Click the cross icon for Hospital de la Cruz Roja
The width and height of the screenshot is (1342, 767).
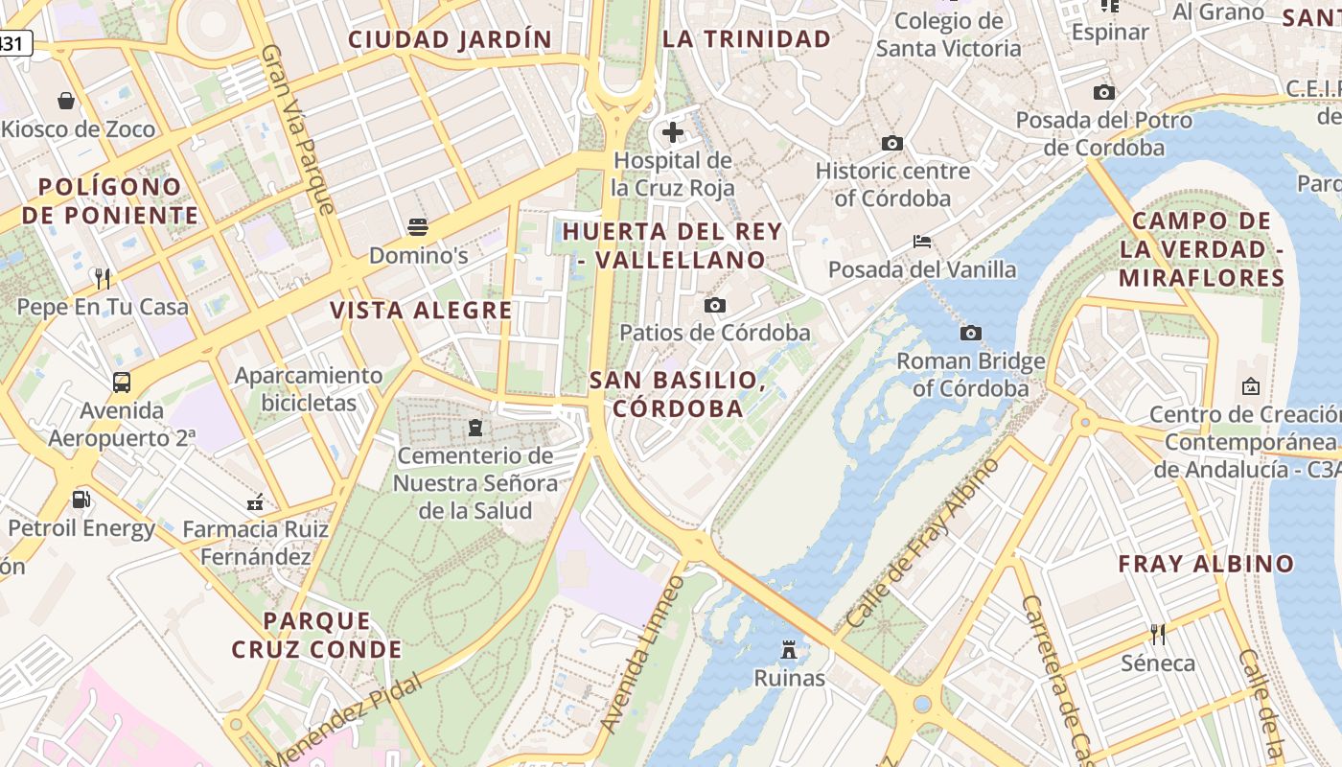[x=673, y=131]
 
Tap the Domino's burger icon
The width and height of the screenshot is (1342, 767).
[x=418, y=227]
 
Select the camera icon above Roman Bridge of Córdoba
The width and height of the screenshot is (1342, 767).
[x=970, y=333]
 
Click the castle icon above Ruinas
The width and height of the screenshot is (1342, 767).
[x=789, y=650]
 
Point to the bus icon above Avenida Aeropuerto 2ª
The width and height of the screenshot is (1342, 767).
[x=122, y=382]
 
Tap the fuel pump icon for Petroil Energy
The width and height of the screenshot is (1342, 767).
[x=81, y=499]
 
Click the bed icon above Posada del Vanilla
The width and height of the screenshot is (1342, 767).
[x=921, y=241]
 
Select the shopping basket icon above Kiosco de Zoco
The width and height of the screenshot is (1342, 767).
[x=66, y=101]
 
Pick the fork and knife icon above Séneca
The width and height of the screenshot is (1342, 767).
[x=1158, y=634]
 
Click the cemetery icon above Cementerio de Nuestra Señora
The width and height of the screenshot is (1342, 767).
[x=475, y=427]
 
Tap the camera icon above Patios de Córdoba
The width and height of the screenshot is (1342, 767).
[x=714, y=305]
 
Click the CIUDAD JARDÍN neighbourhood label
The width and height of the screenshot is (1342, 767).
[x=450, y=39]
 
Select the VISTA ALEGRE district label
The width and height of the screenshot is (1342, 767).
[x=421, y=310]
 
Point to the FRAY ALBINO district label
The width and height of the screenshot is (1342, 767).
[x=1206, y=564]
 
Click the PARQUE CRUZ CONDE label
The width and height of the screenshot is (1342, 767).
[x=316, y=635]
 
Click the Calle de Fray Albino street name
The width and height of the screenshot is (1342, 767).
[x=922, y=543]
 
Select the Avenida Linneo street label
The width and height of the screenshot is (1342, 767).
[x=642, y=654]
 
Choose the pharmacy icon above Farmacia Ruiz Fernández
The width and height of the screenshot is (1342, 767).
[x=255, y=500]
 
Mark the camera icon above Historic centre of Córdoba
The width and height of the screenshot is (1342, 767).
[x=892, y=143]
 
